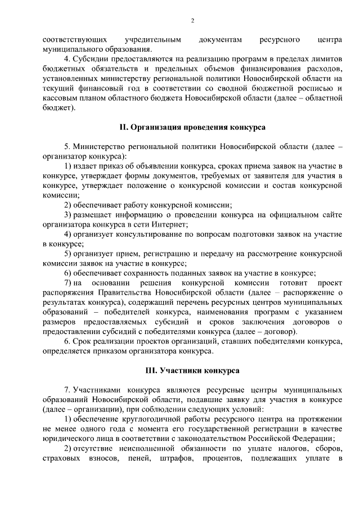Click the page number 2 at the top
point(192,21)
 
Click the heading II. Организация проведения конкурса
point(192,127)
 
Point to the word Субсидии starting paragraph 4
point(91,60)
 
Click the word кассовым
point(61,98)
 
